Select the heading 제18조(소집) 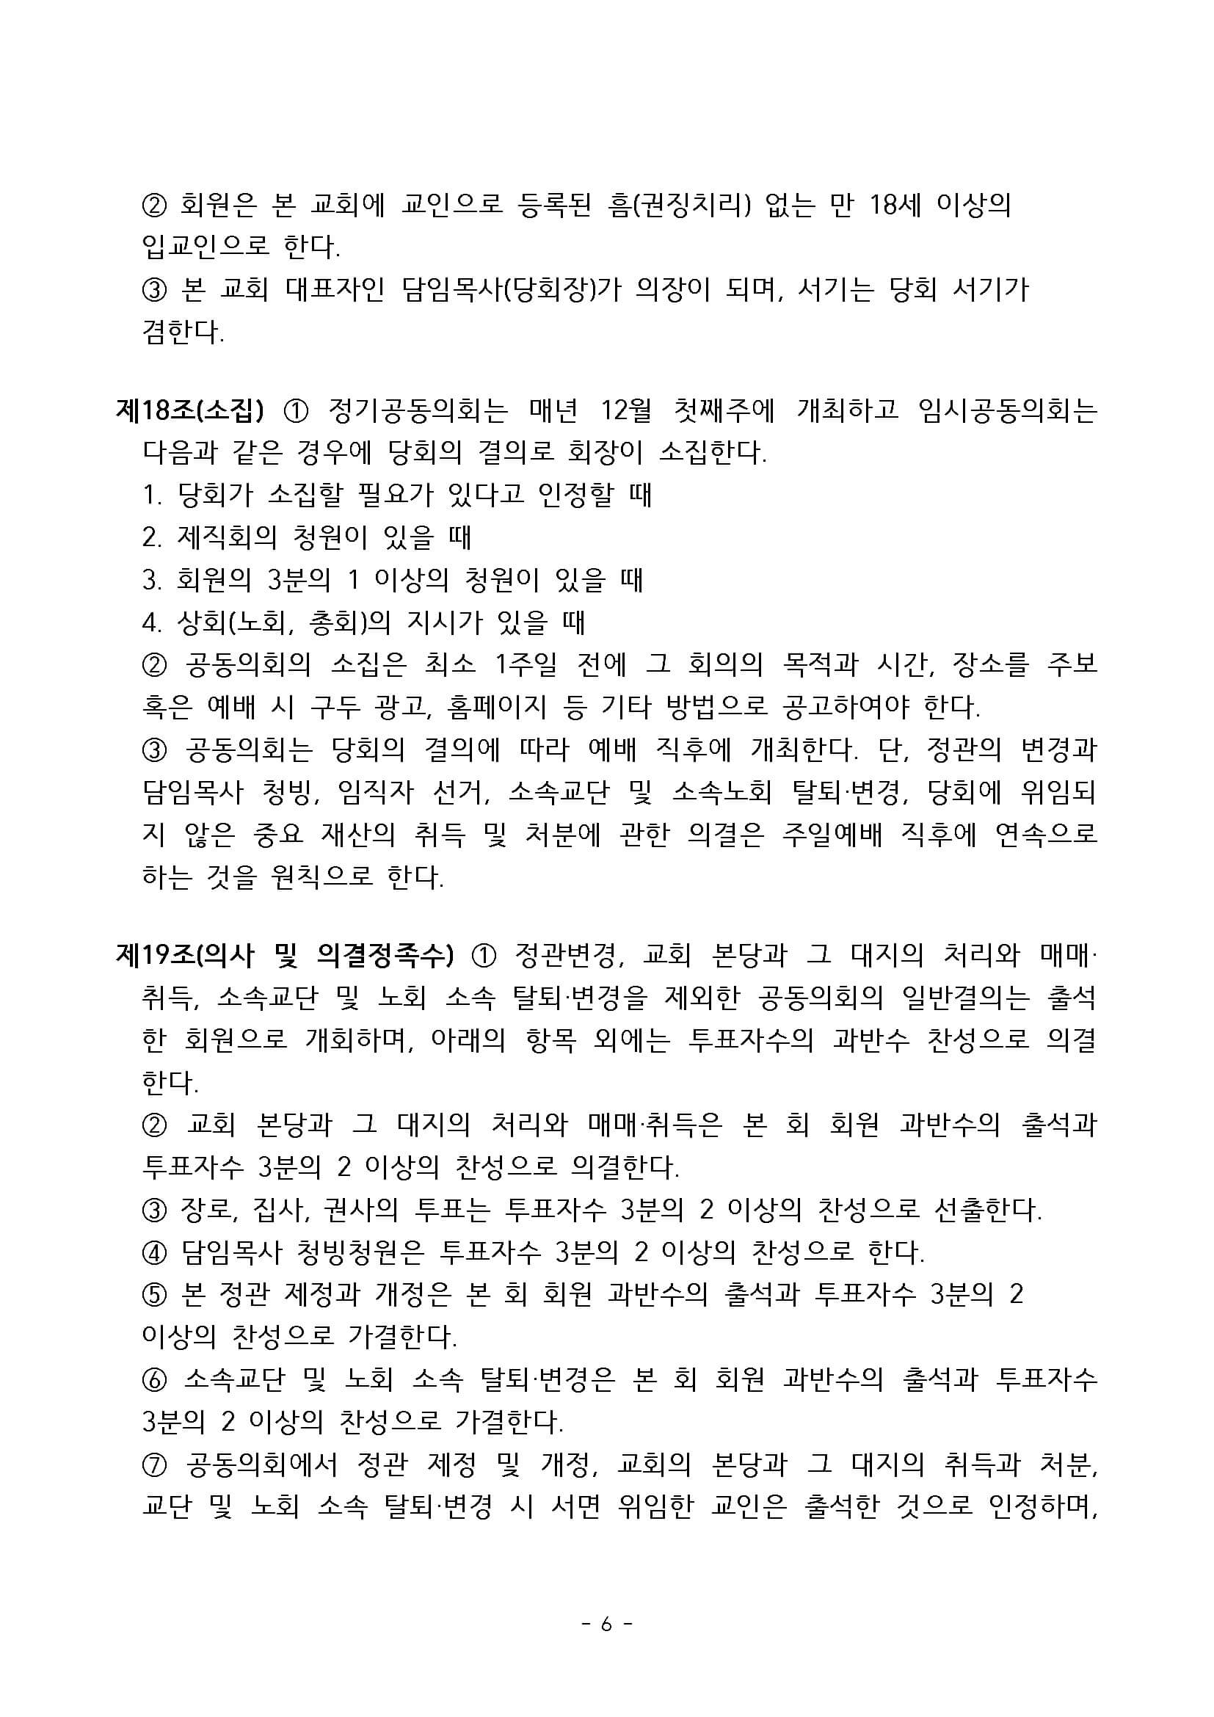coord(191,410)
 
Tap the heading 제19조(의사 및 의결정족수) coord(285,954)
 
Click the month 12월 coord(625,410)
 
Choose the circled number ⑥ coord(154,1380)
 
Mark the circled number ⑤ coord(154,1294)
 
